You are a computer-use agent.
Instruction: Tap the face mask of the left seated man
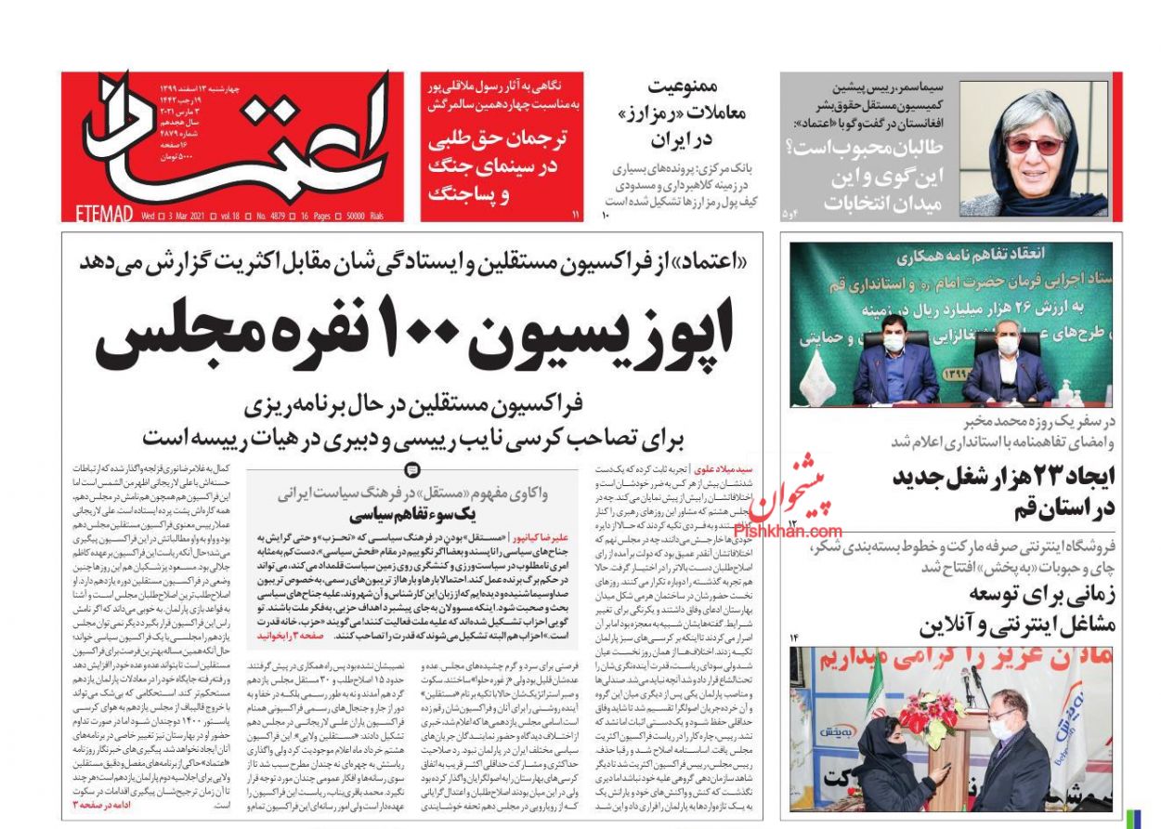click(x=893, y=343)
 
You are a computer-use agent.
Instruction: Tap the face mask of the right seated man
click(x=1007, y=345)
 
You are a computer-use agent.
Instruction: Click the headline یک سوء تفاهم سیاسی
click(x=414, y=515)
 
